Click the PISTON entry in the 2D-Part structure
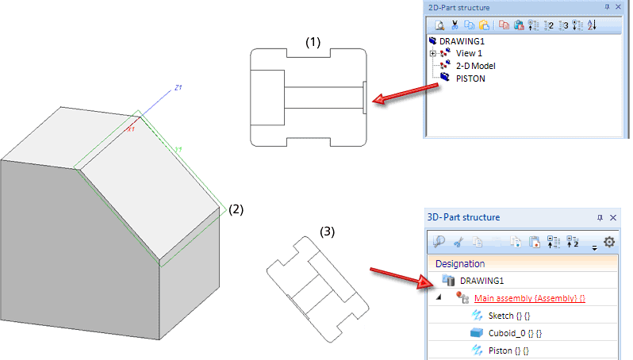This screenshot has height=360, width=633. pos(470,78)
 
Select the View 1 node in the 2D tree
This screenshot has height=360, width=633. pos(469,53)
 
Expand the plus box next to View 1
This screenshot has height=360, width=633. pos(432,53)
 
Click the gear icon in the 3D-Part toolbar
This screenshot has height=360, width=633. pos(609,242)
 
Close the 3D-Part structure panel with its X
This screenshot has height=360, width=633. pos(612,216)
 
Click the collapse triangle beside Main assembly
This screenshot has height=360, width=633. pos(438,298)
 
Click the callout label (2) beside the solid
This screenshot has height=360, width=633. pos(236,210)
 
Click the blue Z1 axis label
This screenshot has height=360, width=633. pos(178,87)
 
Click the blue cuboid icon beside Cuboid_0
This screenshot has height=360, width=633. pos(477,332)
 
